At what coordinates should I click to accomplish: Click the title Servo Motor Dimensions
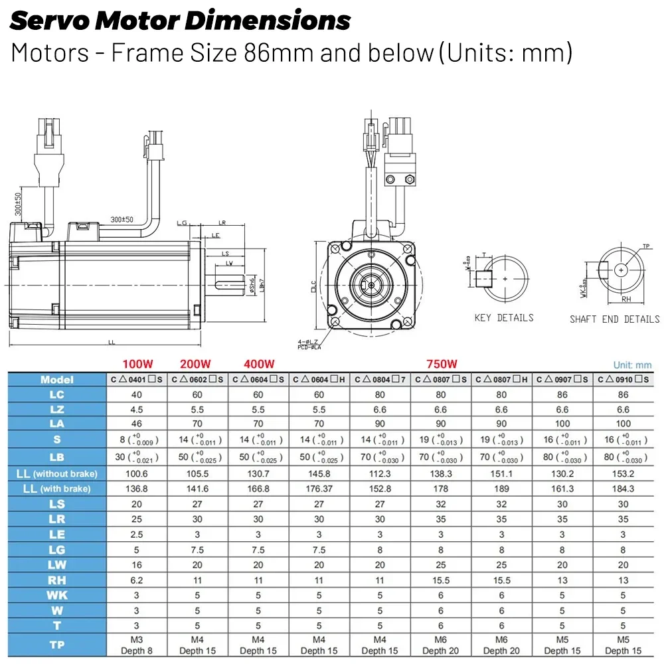(180, 21)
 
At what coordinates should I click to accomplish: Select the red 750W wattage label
(441, 364)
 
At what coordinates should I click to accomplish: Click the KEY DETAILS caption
(504, 318)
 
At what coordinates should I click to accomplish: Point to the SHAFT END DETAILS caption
(614, 319)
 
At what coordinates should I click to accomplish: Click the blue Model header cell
(57, 380)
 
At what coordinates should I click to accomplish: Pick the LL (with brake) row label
(57, 489)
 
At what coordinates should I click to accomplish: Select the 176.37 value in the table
(319, 489)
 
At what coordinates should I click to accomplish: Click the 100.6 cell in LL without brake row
(136, 473)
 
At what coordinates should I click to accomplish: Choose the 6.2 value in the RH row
(136, 580)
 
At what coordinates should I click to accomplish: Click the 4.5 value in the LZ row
(136, 410)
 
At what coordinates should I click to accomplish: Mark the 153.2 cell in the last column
(623, 473)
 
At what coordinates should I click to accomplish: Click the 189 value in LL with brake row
(501, 489)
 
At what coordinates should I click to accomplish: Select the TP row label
(57, 645)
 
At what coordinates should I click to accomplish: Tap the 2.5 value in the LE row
(136, 535)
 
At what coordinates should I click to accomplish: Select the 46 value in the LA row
(136, 424)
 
